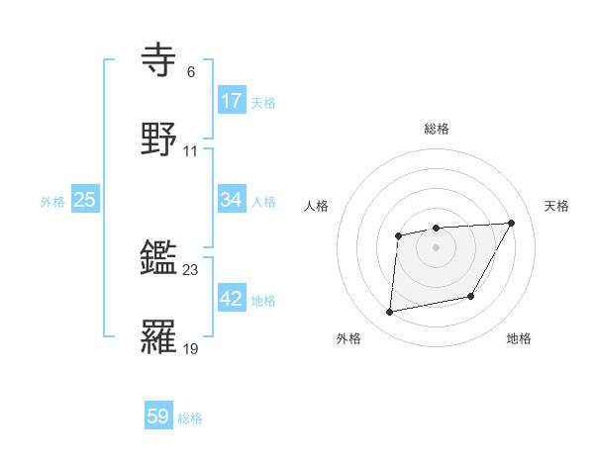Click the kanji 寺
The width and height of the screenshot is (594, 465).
click(x=159, y=60)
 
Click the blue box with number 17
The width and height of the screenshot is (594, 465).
click(x=232, y=101)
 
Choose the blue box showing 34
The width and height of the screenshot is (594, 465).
click(x=232, y=200)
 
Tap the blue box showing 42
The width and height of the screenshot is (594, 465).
click(x=232, y=299)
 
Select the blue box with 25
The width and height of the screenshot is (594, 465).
click(x=85, y=200)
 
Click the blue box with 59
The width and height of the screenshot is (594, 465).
click(x=158, y=417)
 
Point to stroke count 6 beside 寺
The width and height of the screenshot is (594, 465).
click(x=191, y=73)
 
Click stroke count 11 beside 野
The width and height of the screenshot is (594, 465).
click(x=191, y=151)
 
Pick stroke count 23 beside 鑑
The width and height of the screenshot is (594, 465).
click(x=191, y=270)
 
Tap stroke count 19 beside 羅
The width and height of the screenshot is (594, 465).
click(x=191, y=348)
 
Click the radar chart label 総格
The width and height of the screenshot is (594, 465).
click(x=437, y=129)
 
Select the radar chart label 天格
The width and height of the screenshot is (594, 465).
click(x=557, y=206)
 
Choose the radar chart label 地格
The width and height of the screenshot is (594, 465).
click(x=519, y=338)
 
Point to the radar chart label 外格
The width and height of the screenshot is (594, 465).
click(x=348, y=338)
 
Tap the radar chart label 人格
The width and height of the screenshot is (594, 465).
click(x=317, y=206)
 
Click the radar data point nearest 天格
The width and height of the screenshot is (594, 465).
click(x=511, y=223)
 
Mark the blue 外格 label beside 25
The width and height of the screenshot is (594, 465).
click(x=52, y=201)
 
